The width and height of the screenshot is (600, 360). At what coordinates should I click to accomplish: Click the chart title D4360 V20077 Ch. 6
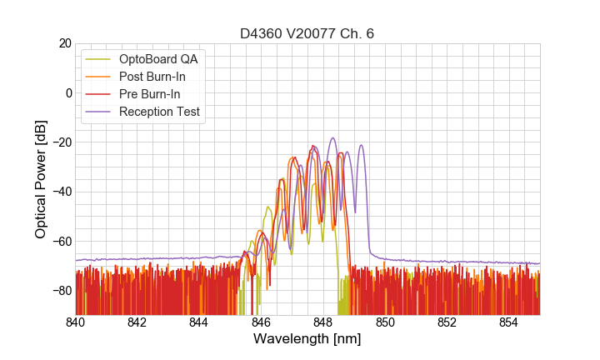[x=307, y=33]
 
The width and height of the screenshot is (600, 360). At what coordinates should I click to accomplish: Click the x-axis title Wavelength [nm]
[x=307, y=340]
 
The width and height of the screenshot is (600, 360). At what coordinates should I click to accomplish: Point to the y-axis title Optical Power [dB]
[x=41, y=178]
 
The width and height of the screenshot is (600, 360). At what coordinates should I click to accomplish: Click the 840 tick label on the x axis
[x=76, y=322]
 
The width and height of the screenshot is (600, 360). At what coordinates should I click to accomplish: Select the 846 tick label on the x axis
[x=261, y=322]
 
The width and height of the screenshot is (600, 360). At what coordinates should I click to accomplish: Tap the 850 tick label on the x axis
[x=385, y=322]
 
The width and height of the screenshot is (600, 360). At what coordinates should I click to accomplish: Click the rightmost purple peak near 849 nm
[x=362, y=146]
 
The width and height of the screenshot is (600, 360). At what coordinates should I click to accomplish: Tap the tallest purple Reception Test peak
[x=332, y=138]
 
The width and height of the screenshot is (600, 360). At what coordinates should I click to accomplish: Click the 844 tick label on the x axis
[x=199, y=322]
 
